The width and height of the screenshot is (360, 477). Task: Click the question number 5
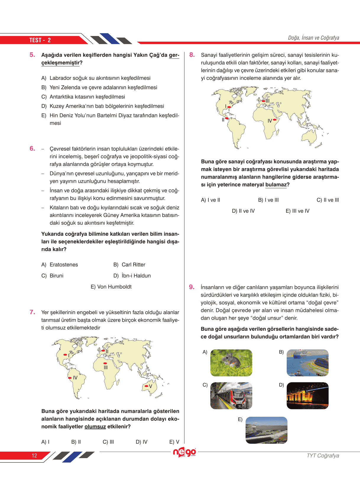pyautogui.click(x=32, y=55)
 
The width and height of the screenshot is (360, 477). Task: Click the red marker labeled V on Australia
pyautogui.click(x=146, y=386)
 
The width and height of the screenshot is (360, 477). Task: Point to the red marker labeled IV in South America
pyautogui.click(x=70, y=378)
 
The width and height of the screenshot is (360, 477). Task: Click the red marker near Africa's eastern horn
pyautogui.click(x=275, y=120)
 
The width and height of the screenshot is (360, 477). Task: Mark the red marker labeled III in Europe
pyautogui.click(x=263, y=101)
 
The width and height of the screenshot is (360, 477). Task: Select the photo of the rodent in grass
pyautogui.click(x=231, y=363)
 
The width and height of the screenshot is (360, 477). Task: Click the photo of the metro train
pyautogui.click(x=231, y=396)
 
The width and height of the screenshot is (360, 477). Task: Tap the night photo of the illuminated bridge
pyautogui.click(x=307, y=396)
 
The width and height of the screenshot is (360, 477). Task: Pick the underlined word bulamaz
pyautogui.click(x=276, y=185)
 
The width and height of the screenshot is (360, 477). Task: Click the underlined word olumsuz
pyautogui.click(x=95, y=426)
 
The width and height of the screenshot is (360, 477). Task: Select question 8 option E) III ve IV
pyautogui.click(x=297, y=211)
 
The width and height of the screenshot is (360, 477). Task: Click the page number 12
pyautogui.click(x=34, y=455)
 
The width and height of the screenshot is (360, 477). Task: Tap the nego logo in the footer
pyautogui.click(x=184, y=452)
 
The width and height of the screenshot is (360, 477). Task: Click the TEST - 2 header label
pyautogui.click(x=40, y=40)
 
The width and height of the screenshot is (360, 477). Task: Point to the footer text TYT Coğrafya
pyautogui.click(x=323, y=455)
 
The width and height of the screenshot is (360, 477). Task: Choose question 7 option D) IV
pyautogui.click(x=142, y=442)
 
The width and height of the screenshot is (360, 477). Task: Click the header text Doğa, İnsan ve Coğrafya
pyautogui.click(x=313, y=38)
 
